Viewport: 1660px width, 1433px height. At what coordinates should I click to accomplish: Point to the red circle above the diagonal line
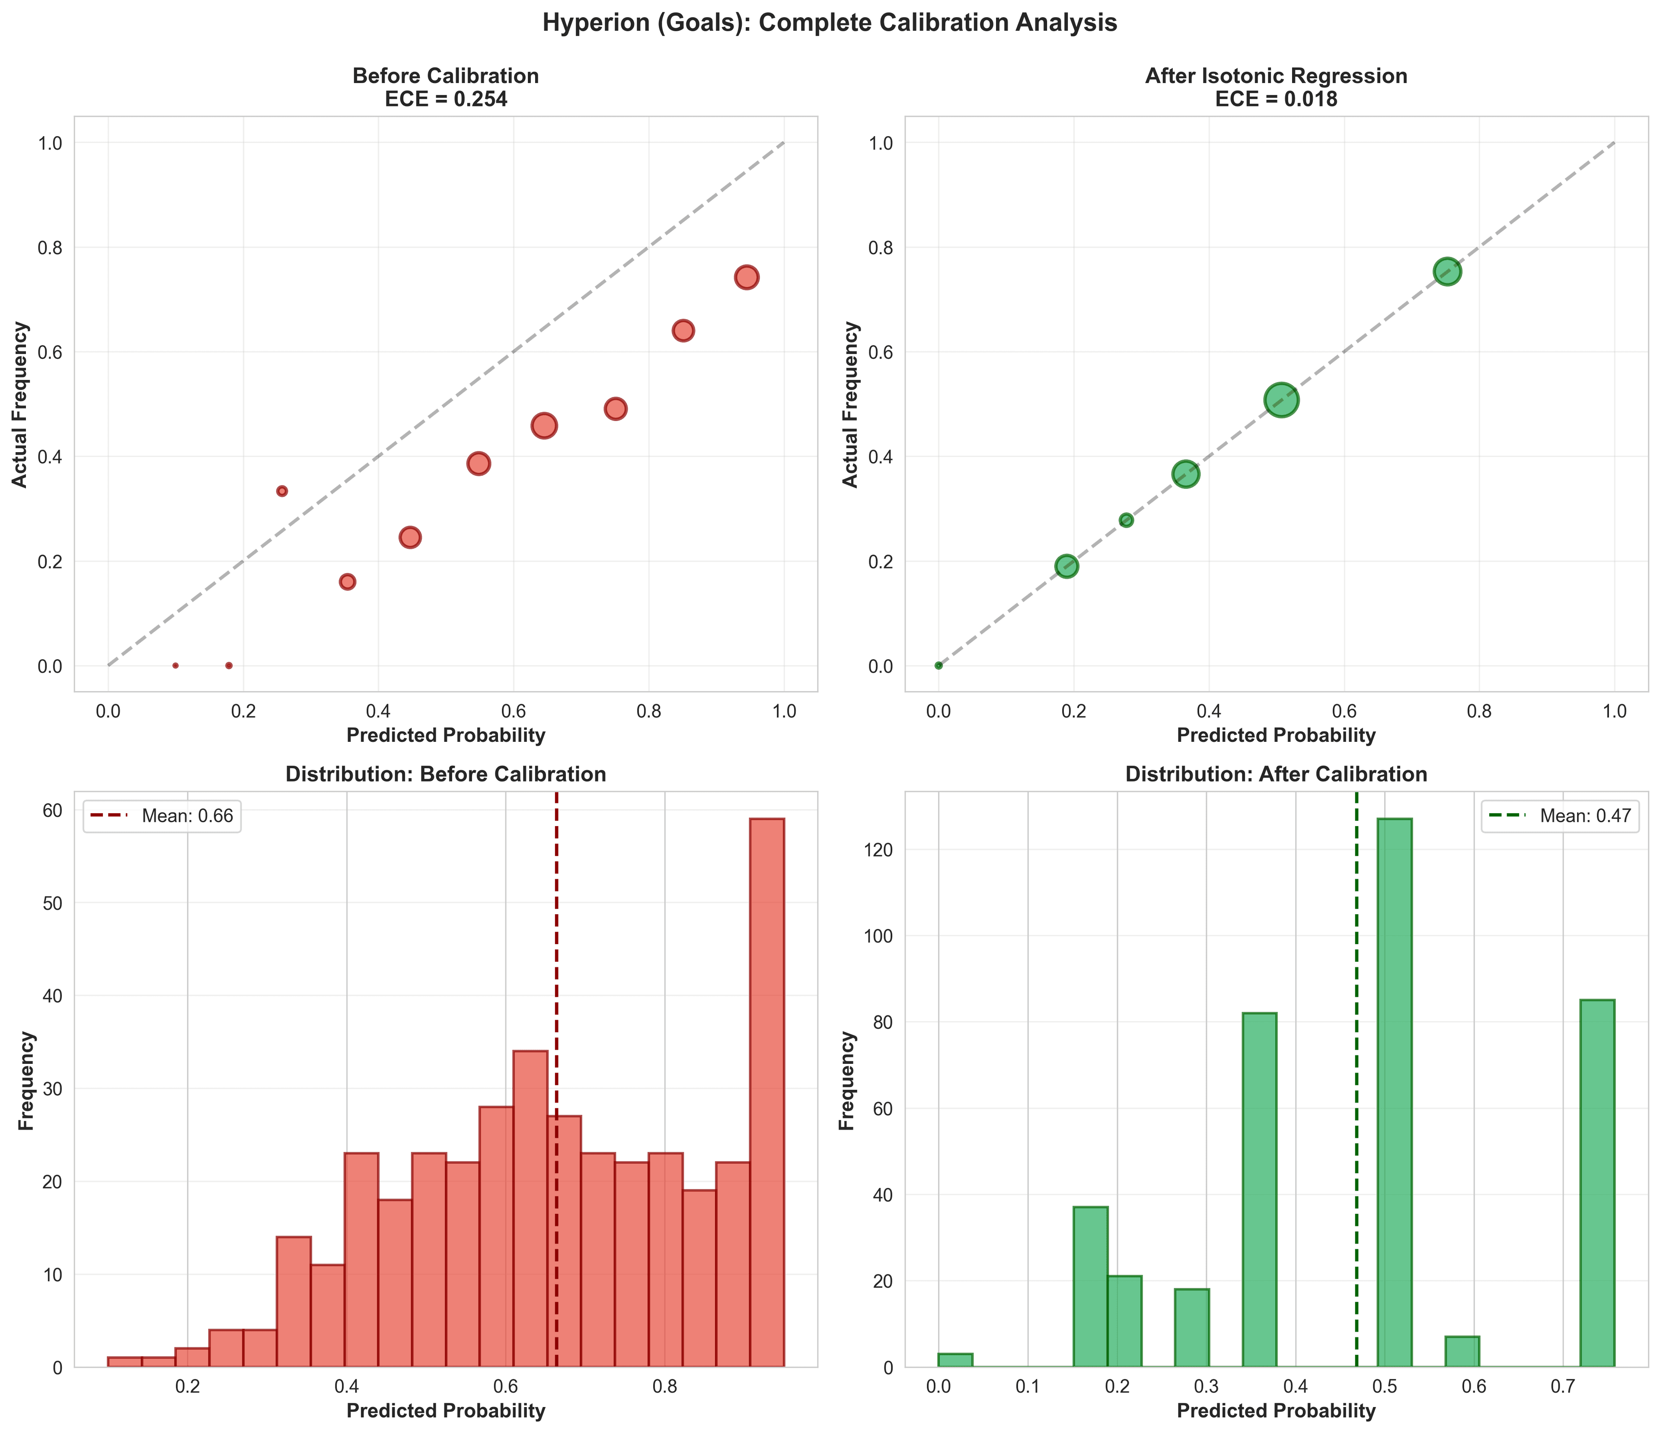282,491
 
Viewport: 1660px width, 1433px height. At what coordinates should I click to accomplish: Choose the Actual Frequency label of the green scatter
851,405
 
